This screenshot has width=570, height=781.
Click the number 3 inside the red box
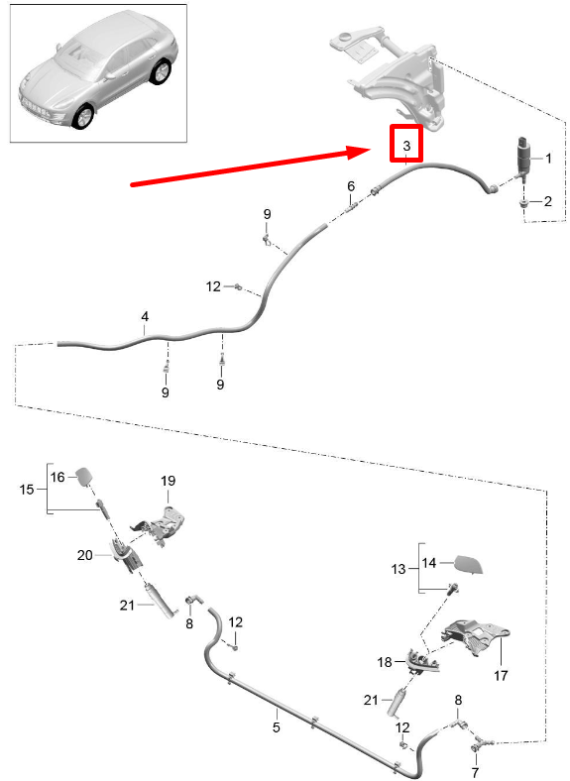click(406, 146)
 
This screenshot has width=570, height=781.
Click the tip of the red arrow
click(370, 150)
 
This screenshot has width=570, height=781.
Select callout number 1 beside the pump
click(548, 159)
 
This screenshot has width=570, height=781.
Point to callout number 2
click(548, 201)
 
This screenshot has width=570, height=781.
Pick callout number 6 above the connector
click(351, 186)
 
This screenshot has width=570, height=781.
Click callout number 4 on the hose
click(145, 317)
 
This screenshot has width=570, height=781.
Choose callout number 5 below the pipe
click(276, 727)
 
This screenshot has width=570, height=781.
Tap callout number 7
click(475, 772)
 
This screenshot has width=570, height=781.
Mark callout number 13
click(399, 569)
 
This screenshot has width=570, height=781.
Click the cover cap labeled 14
click(469, 565)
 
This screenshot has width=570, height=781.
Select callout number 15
click(27, 490)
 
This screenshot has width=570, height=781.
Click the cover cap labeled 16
click(84, 477)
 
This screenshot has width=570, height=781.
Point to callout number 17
click(501, 675)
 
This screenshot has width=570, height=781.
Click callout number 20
click(84, 554)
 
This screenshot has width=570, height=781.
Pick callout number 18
click(385, 662)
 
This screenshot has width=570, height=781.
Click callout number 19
click(168, 481)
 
